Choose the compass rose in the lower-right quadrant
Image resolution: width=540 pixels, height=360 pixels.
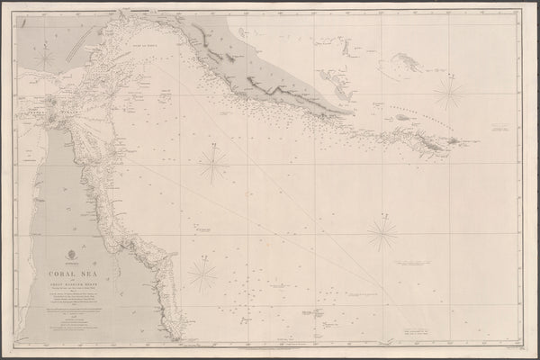point(382,234)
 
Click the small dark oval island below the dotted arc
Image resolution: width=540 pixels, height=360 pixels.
point(400,117)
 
